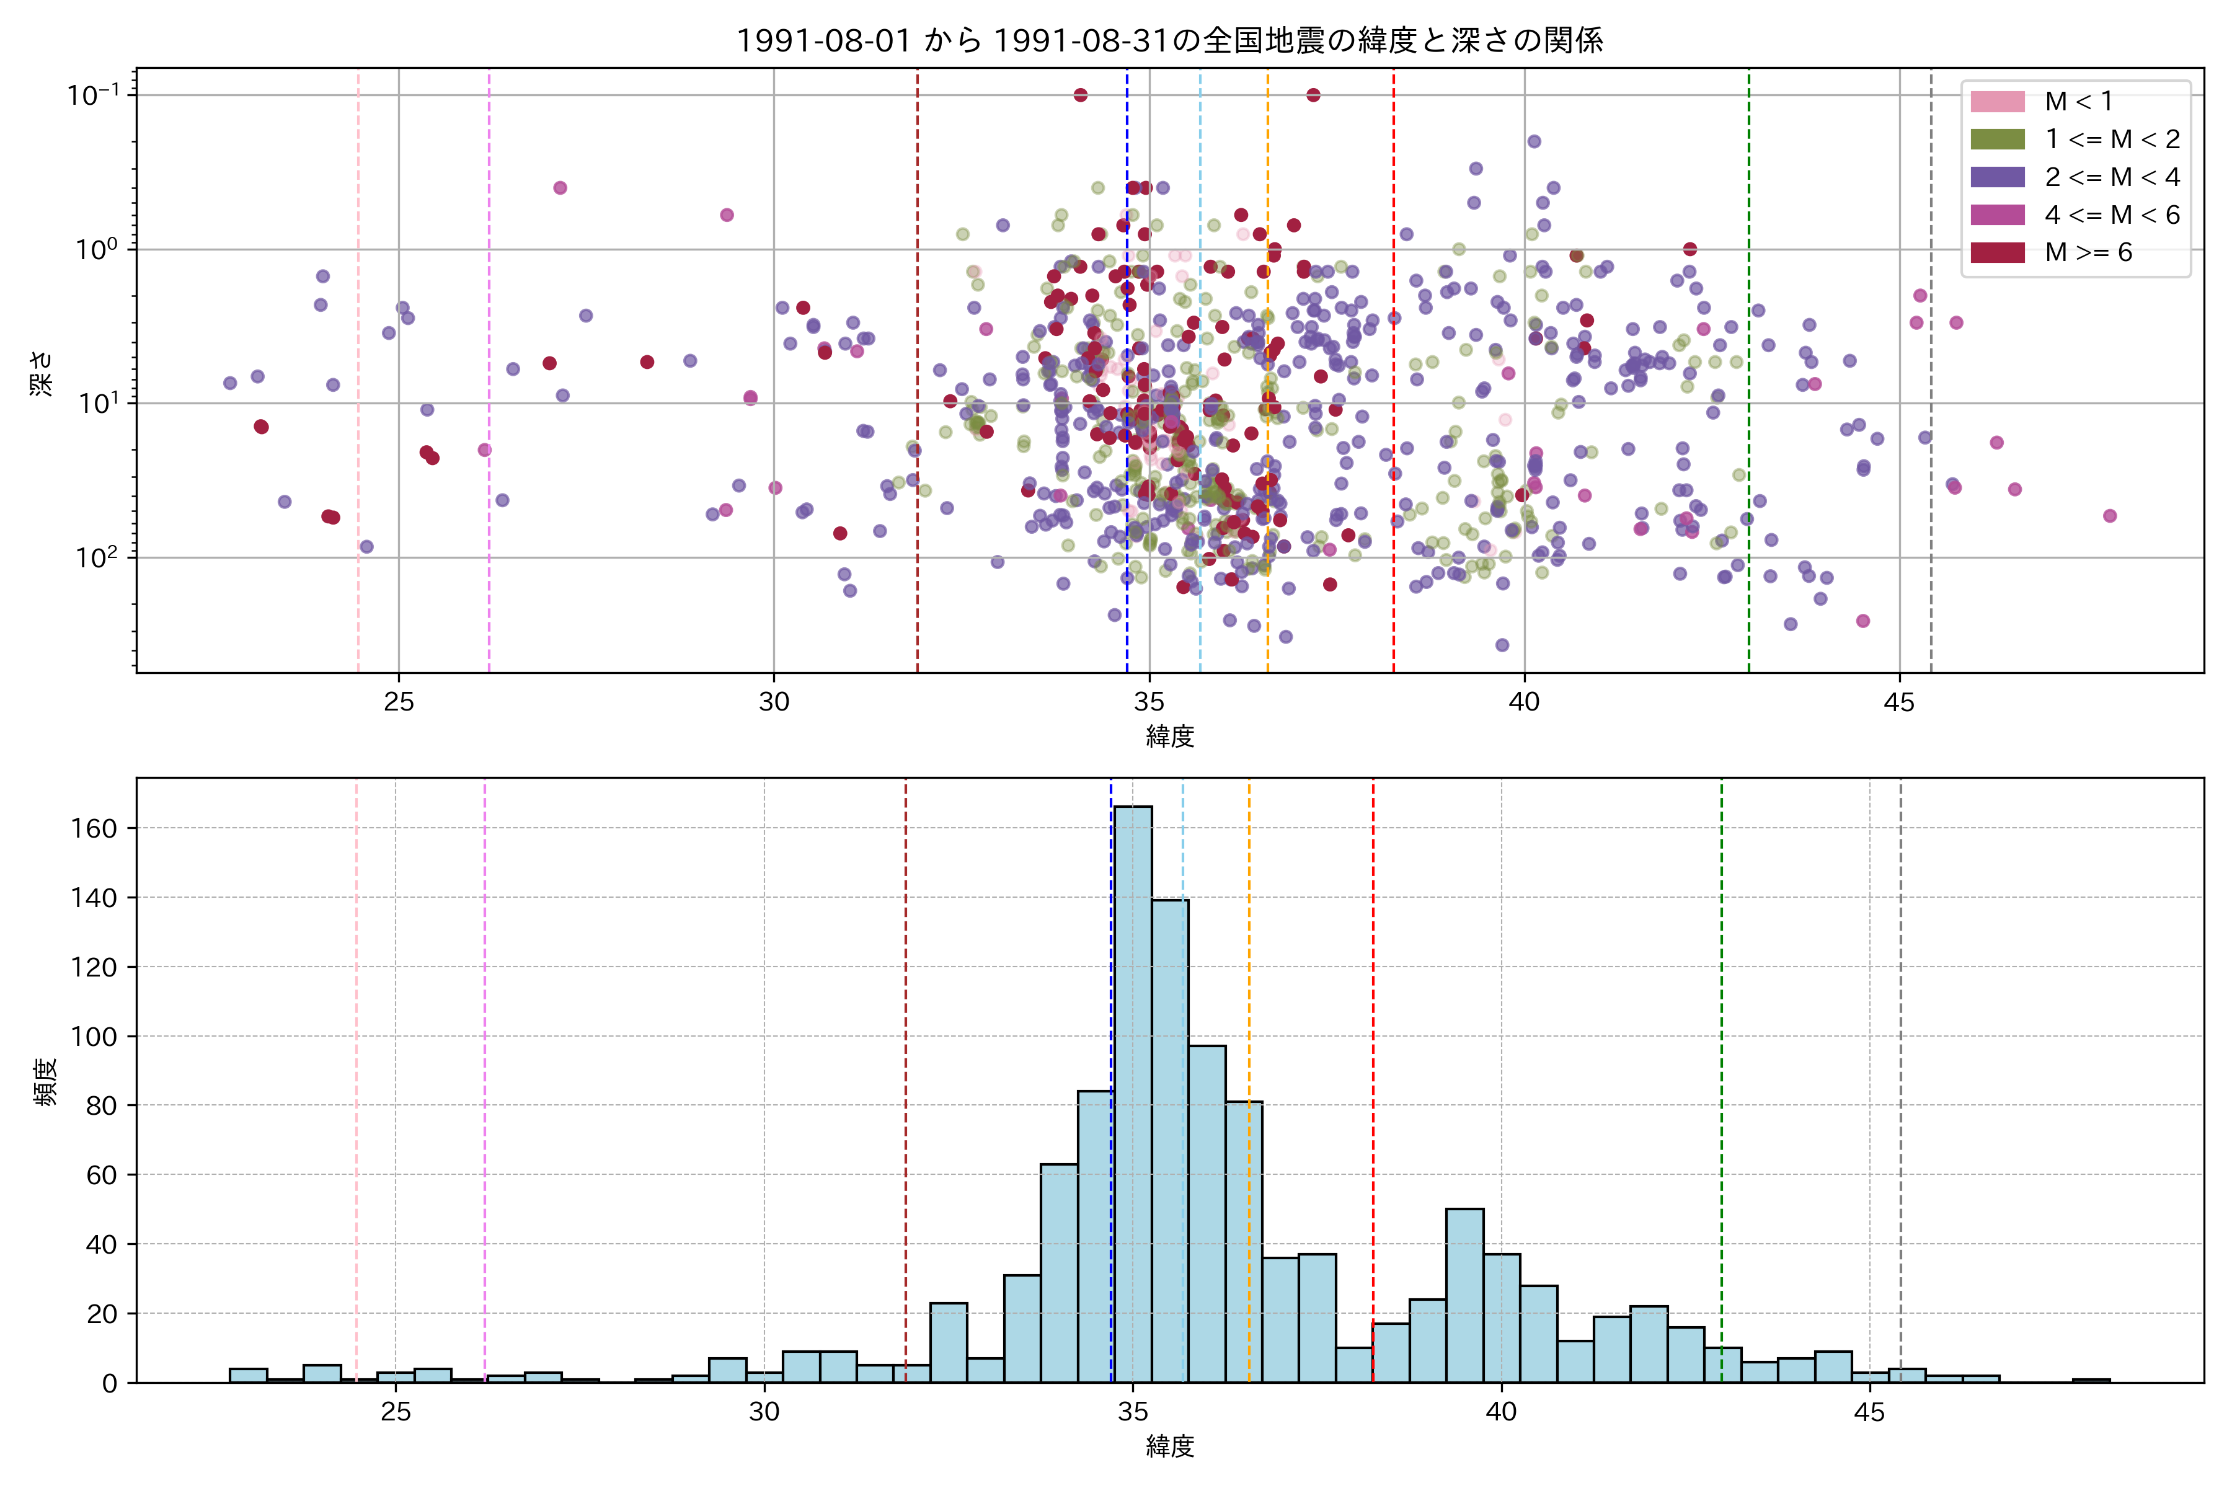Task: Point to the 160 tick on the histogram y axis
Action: tap(94, 828)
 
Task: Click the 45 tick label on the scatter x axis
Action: tap(1899, 702)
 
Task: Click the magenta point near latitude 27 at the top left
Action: tap(560, 188)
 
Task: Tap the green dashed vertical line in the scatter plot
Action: tap(1749, 379)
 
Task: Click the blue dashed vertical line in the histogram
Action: tap(1111, 1044)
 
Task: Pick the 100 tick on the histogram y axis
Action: tap(94, 1036)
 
